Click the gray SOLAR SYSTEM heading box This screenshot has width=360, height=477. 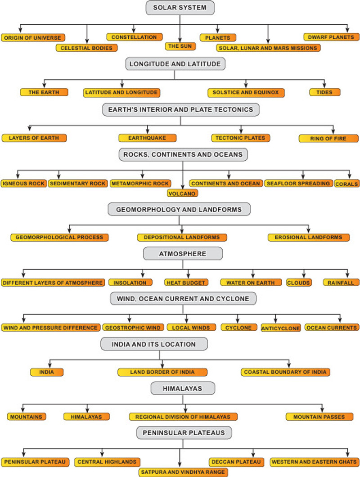(180, 8)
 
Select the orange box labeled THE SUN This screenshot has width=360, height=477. (180, 46)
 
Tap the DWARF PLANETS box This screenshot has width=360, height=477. (331, 37)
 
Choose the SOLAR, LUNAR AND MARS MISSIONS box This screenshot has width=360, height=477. (268, 48)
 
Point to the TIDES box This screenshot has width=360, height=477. (325, 92)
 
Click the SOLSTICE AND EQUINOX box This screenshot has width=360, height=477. (246, 93)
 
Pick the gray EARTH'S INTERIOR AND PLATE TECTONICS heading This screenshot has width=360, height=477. (181, 109)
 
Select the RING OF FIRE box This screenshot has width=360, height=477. (328, 139)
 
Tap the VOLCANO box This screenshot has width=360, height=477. (182, 193)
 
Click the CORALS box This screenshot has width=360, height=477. (347, 184)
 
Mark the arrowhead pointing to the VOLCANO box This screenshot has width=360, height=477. (183, 187)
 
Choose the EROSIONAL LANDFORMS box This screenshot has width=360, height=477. (309, 237)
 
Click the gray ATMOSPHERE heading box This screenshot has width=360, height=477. (183, 254)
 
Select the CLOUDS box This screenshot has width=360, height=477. (299, 283)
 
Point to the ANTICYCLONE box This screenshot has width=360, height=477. (281, 328)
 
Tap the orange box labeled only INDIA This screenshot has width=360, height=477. (47, 372)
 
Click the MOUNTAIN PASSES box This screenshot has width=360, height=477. (319, 417)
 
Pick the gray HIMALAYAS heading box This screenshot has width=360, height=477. (183, 388)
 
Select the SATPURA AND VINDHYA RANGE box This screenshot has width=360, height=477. (183, 472)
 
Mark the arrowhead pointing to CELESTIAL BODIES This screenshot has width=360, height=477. (87, 41)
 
